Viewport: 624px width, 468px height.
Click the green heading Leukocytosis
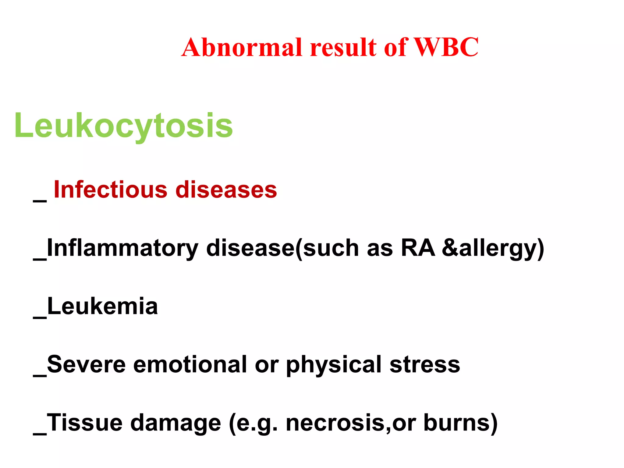point(123,126)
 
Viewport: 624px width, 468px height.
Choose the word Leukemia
point(102,306)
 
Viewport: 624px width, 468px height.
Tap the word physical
point(334,365)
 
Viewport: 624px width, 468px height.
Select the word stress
point(425,364)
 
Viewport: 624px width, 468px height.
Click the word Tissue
point(85,423)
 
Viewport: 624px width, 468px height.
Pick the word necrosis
point(335,423)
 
